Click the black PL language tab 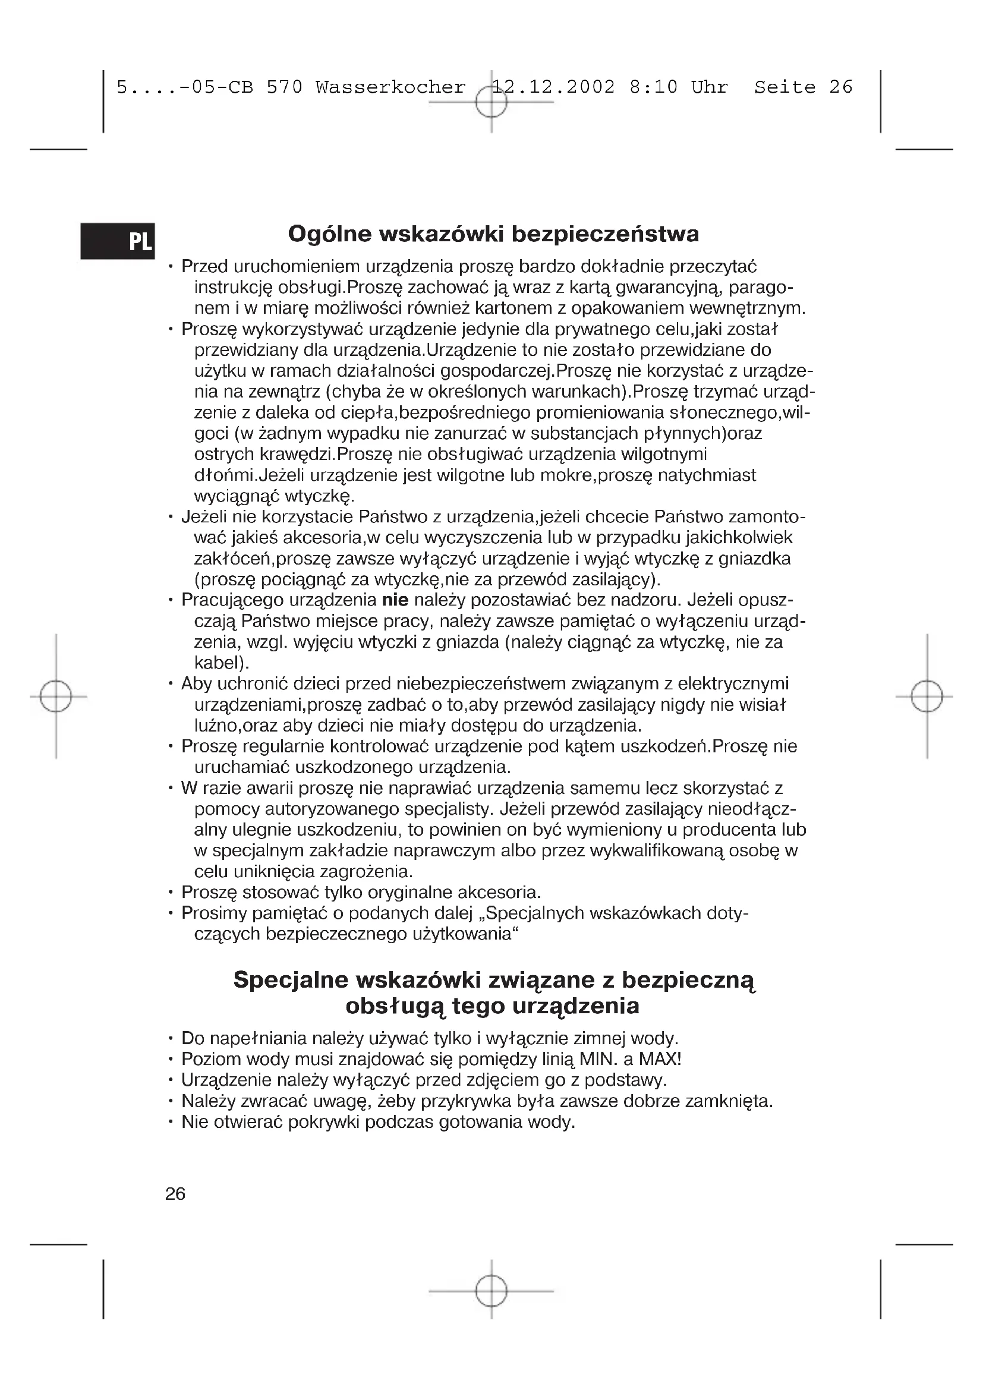118,241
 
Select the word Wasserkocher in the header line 390,88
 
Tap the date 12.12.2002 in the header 554,88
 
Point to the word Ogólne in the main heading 329,234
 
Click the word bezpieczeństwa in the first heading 605,234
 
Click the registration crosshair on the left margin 56,697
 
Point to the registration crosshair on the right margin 927,697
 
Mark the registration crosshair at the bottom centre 491,1291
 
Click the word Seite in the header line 784,88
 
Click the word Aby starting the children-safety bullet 196,683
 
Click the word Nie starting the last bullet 195,1122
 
